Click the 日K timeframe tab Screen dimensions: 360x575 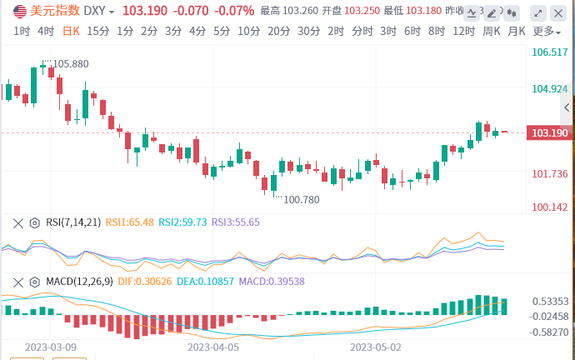(71, 31)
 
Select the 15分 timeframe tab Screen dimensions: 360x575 (97, 31)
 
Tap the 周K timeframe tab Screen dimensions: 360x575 (492, 31)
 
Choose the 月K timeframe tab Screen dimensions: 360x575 (517, 31)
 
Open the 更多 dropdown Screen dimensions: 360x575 (545, 31)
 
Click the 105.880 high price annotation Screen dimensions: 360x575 (69, 64)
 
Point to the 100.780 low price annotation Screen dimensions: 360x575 (301, 200)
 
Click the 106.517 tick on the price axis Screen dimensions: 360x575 (549, 52)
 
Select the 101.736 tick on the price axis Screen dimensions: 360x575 (549, 173)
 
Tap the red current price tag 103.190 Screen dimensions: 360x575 (549, 133)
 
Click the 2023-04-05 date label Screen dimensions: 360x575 (213, 347)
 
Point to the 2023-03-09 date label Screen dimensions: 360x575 (51, 347)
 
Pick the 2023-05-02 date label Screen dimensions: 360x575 (376, 347)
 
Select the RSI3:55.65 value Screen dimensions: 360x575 (235, 222)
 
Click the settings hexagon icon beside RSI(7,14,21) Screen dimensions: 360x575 (34, 222)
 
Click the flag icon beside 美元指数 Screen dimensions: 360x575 (19, 12)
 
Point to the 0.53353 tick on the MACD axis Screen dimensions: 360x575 (550, 302)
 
